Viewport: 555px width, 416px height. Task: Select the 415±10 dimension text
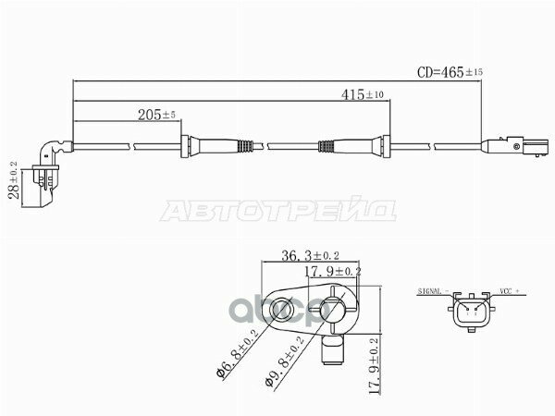click(x=362, y=94)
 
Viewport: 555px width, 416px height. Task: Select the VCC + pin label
click(x=512, y=290)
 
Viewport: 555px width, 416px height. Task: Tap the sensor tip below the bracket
click(x=331, y=351)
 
